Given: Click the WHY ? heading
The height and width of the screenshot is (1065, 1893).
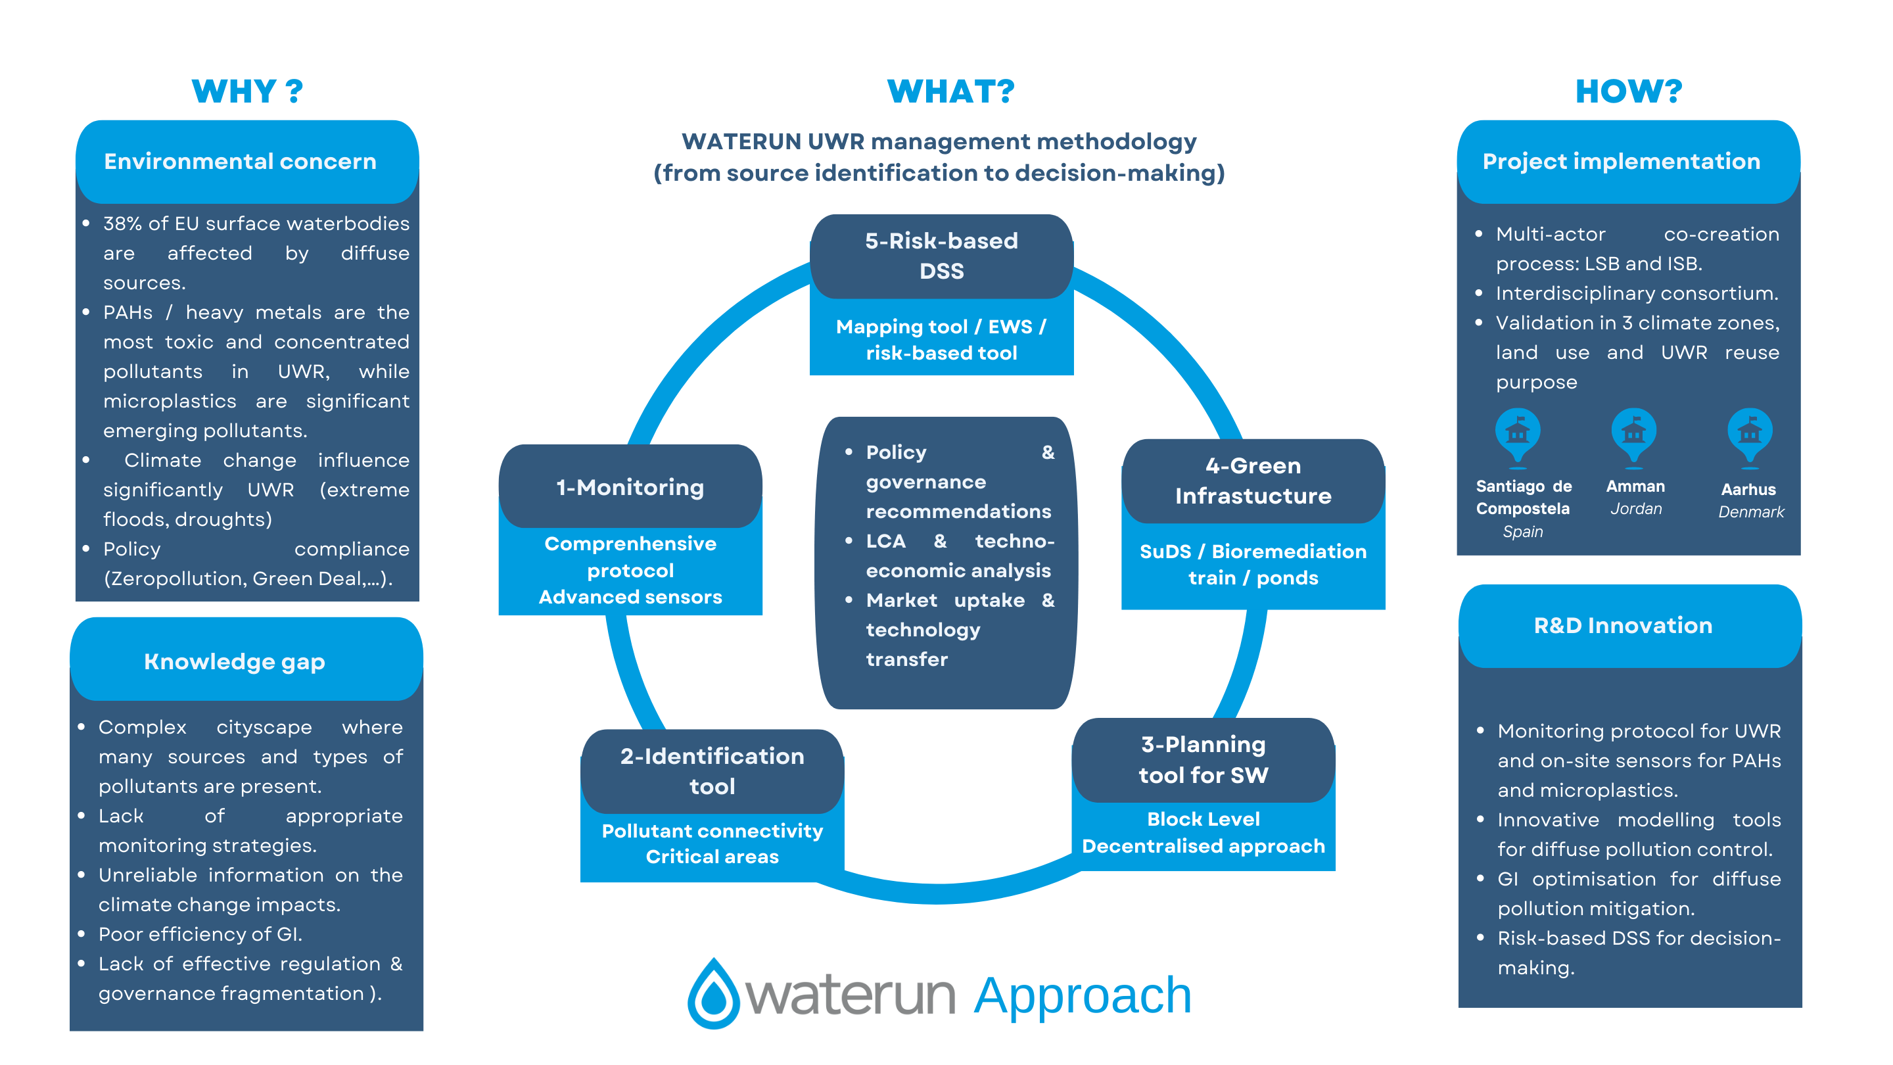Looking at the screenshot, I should click(247, 91).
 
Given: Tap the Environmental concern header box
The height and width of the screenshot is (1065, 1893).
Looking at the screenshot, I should click(247, 162).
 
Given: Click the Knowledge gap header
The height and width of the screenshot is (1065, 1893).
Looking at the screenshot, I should click(235, 661).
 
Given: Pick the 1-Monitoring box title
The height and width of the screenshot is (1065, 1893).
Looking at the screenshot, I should click(630, 487).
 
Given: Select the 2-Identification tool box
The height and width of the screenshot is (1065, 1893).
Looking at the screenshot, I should click(711, 771).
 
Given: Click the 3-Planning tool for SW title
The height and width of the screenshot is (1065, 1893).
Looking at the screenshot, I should click(1203, 760).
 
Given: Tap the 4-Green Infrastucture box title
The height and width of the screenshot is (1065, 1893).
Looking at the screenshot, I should click(1253, 481).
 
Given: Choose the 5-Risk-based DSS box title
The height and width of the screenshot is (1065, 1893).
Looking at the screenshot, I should click(941, 256).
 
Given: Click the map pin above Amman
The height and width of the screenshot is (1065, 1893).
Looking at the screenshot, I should click(1633, 434).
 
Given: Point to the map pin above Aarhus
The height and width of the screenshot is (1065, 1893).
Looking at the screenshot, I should click(1750, 434).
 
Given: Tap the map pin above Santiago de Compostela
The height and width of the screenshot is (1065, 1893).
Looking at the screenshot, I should click(1517, 434).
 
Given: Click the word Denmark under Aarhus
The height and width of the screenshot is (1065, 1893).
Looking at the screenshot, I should click(1750, 512).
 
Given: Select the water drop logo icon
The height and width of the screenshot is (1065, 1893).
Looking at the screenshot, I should click(712, 994).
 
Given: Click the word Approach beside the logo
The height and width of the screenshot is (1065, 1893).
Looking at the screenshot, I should click(1083, 996).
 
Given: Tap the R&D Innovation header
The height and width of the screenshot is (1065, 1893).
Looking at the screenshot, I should click(1623, 625).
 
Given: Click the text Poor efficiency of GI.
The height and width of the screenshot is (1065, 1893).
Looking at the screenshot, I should click(200, 934).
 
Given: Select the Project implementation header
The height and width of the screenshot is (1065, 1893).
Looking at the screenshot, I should click(1621, 162).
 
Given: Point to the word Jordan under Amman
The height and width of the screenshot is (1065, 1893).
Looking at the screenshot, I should click(1636, 509).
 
